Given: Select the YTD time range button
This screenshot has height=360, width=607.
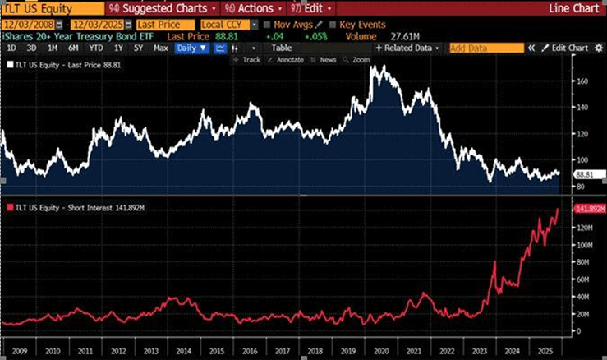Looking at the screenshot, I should coord(96,48).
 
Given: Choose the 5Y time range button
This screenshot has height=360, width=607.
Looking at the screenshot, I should coord(137,48).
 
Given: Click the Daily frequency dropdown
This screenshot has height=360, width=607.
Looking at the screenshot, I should coord(192,48).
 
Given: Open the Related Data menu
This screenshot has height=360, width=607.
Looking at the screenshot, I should coord(407,48).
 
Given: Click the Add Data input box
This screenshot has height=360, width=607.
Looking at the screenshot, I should coord(485,48).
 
